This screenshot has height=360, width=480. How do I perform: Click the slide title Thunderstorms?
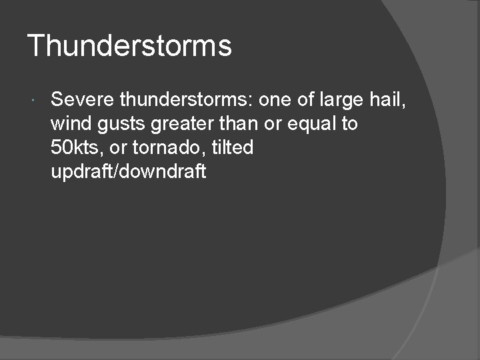(x=129, y=47)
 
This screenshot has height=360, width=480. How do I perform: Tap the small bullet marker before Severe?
(x=33, y=101)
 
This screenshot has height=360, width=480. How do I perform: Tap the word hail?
(x=387, y=100)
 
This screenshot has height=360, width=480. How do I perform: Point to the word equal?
(x=315, y=125)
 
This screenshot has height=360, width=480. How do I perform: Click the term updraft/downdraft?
(x=129, y=171)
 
